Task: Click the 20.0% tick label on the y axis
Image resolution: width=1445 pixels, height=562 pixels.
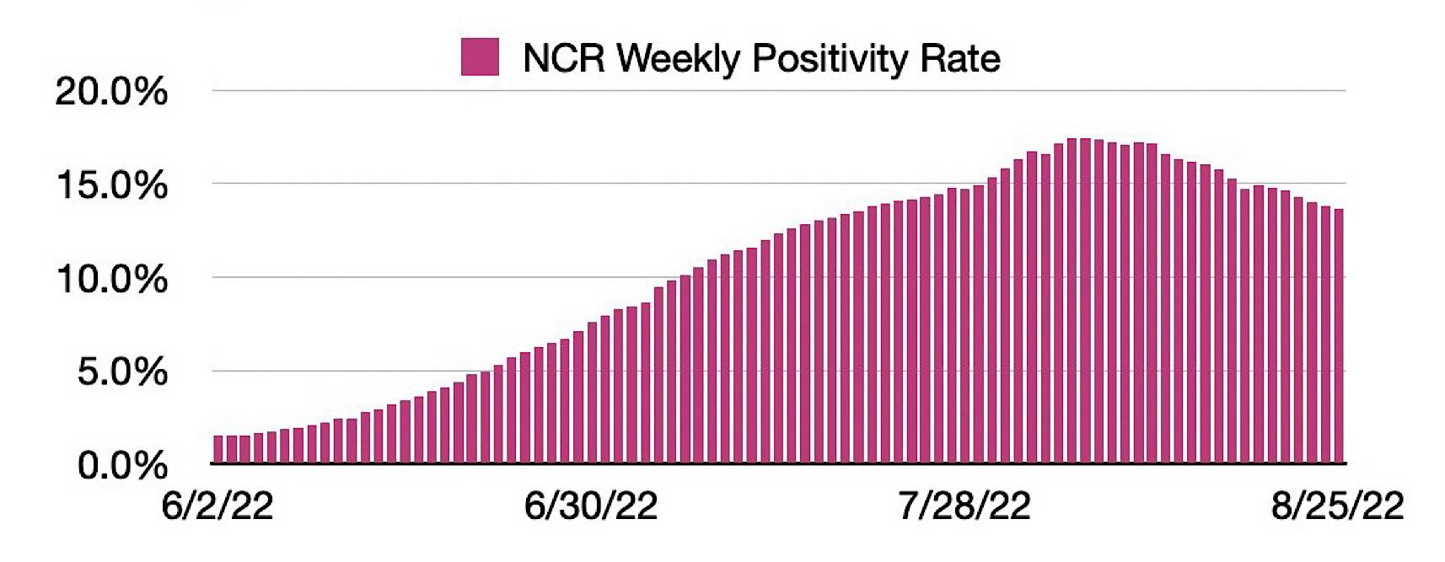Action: pyautogui.click(x=111, y=93)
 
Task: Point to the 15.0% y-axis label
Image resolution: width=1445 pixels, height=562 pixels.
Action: pyautogui.click(x=111, y=186)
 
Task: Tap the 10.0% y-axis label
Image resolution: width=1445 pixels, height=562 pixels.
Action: pyautogui.click(x=111, y=280)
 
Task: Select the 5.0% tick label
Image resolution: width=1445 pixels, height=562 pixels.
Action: pyautogui.click(x=122, y=372)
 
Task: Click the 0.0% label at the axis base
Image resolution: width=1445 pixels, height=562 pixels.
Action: pyautogui.click(x=122, y=466)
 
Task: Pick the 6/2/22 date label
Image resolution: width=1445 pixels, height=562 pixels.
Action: pyautogui.click(x=218, y=506)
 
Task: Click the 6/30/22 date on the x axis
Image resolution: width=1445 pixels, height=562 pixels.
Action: pyautogui.click(x=591, y=506)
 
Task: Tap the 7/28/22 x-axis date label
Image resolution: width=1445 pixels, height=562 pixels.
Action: pyautogui.click(x=964, y=506)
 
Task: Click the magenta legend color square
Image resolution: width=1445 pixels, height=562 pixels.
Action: pyautogui.click(x=480, y=57)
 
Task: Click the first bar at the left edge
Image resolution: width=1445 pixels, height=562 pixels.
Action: pyautogui.click(x=218, y=449)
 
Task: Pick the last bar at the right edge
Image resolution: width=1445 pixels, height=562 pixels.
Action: pyautogui.click(x=1339, y=336)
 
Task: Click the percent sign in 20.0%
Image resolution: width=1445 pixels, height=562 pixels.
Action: pyautogui.click(x=153, y=93)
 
